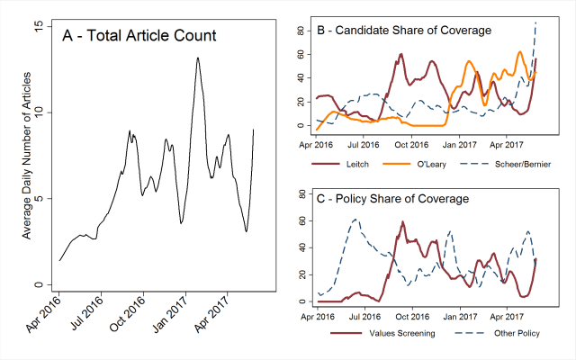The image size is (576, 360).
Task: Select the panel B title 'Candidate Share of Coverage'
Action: click(x=404, y=31)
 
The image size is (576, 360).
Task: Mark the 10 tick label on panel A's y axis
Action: click(x=38, y=112)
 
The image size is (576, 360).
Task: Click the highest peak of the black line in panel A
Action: click(x=197, y=58)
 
